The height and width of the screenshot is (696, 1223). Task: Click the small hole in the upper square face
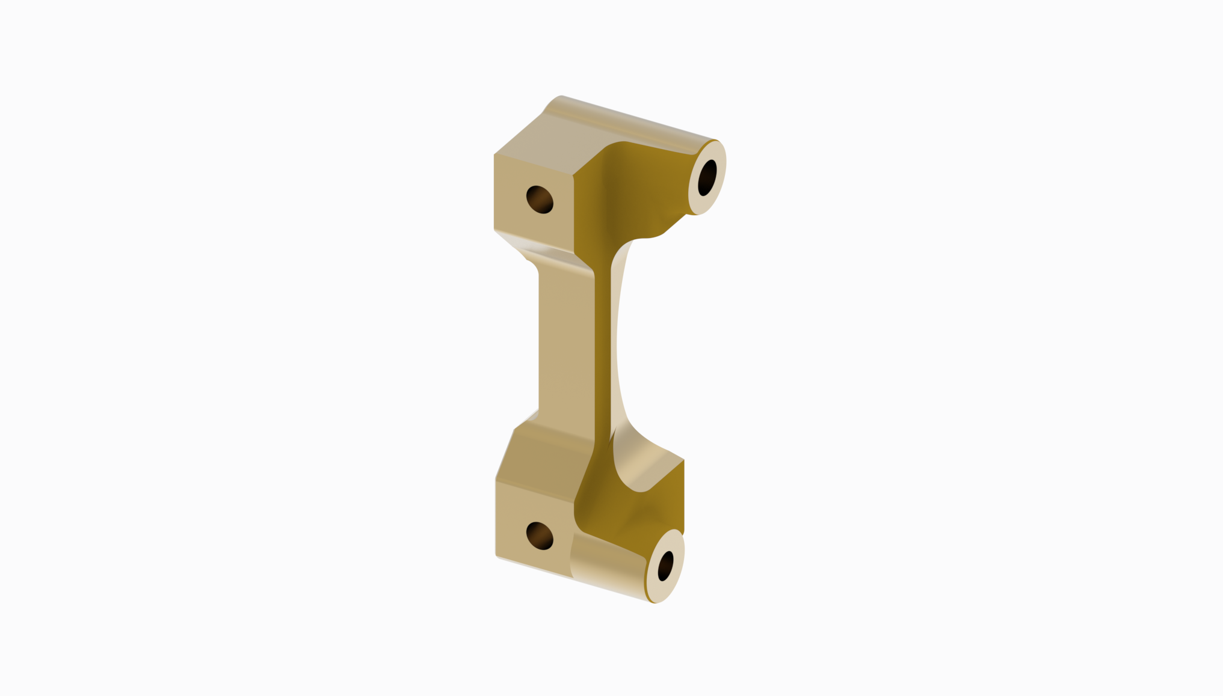[540, 200]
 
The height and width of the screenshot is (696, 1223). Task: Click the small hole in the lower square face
[540, 536]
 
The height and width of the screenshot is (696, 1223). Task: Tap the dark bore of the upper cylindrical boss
[707, 177]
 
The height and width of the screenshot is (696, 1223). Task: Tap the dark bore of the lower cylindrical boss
[665, 566]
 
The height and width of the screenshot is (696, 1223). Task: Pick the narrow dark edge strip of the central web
[603, 349]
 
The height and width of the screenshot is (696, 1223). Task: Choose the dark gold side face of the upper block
[632, 192]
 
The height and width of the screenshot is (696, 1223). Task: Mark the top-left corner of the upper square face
[495, 155]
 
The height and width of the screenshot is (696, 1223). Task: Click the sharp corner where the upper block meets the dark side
[573, 176]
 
